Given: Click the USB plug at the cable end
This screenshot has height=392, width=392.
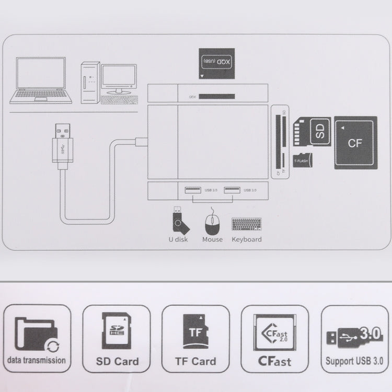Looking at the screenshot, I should (x=62, y=141).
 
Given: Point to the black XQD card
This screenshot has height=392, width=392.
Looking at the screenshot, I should (x=217, y=64).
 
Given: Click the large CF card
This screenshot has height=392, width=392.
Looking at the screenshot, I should (x=355, y=142).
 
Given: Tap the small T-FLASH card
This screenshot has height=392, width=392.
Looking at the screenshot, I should (x=303, y=160).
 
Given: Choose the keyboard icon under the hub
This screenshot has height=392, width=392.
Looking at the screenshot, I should (x=246, y=224).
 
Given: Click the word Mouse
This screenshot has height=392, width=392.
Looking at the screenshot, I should (x=212, y=239).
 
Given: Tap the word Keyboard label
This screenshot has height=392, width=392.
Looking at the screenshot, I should (x=247, y=239).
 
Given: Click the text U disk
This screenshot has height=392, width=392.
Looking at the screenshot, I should (x=178, y=239).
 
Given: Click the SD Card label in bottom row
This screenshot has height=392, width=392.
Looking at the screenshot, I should (x=118, y=361).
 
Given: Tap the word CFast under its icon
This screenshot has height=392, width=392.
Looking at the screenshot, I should (x=275, y=361).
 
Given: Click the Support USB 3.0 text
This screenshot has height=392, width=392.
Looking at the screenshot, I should (x=354, y=360).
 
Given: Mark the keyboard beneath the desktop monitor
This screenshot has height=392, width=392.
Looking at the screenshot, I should (x=119, y=100).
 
